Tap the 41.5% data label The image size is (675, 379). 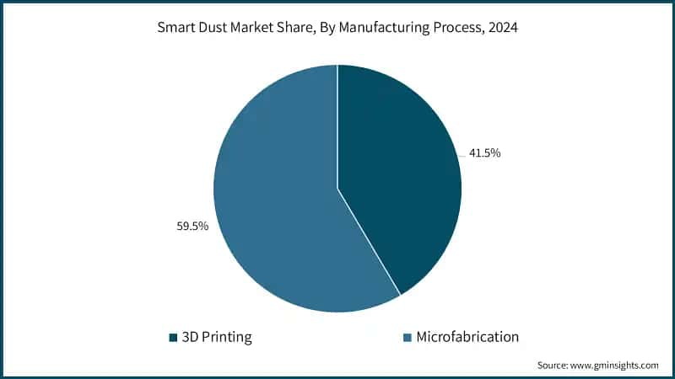click(484, 153)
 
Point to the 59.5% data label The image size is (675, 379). click(192, 227)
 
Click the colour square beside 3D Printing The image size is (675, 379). click(174, 338)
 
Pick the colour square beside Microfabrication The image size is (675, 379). click(408, 338)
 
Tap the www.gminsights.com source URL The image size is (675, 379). click(616, 365)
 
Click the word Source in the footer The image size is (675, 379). click(553, 365)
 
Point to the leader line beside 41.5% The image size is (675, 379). click(463, 156)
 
